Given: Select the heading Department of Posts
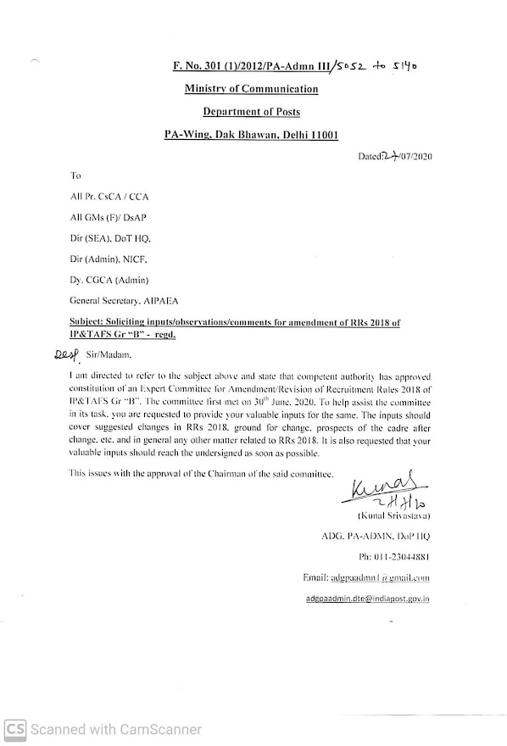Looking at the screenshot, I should [x=251, y=111].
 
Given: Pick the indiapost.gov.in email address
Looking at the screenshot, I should [x=368, y=598].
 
